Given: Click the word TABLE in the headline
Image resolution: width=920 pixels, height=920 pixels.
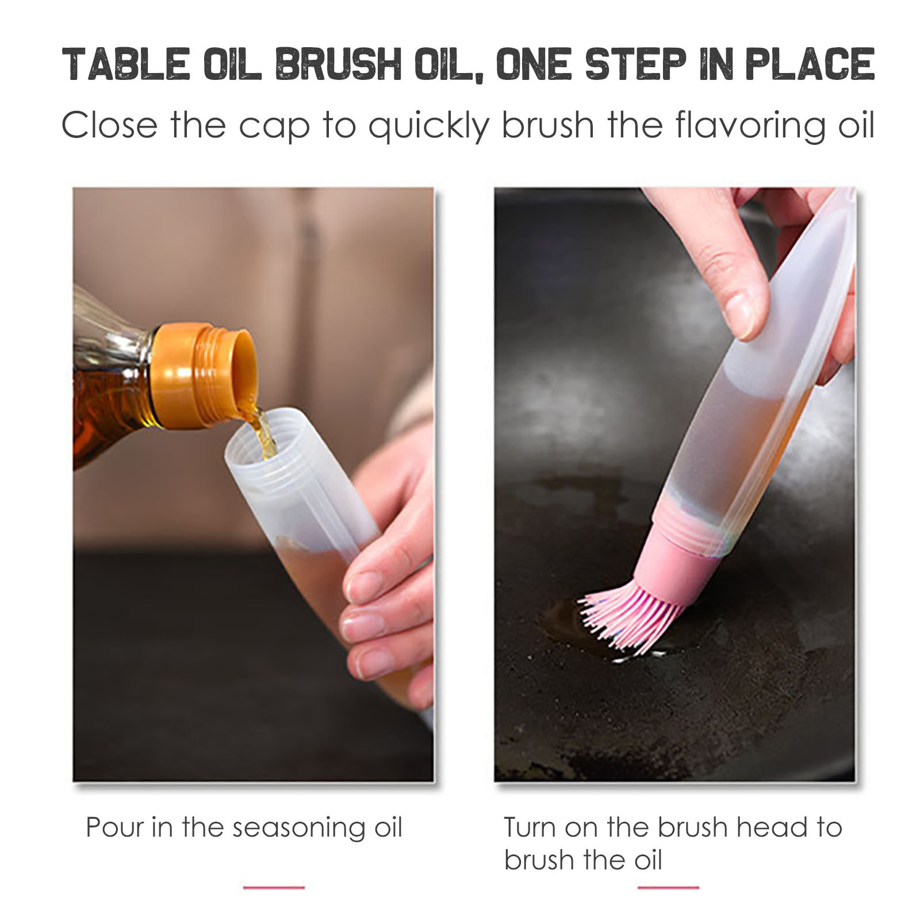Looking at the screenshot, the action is pyautogui.click(x=125, y=64).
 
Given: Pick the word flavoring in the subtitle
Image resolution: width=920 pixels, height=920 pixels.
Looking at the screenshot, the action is pyautogui.click(x=745, y=125).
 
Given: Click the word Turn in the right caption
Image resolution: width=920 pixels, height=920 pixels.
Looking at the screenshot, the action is pyautogui.click(x=530, y=827).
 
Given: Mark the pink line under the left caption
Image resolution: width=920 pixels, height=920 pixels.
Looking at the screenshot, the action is pyautogui.click(x=274, y=887).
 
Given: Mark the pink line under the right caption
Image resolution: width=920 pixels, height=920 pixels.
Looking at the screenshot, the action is pyautogui.click(x=668, y=887).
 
